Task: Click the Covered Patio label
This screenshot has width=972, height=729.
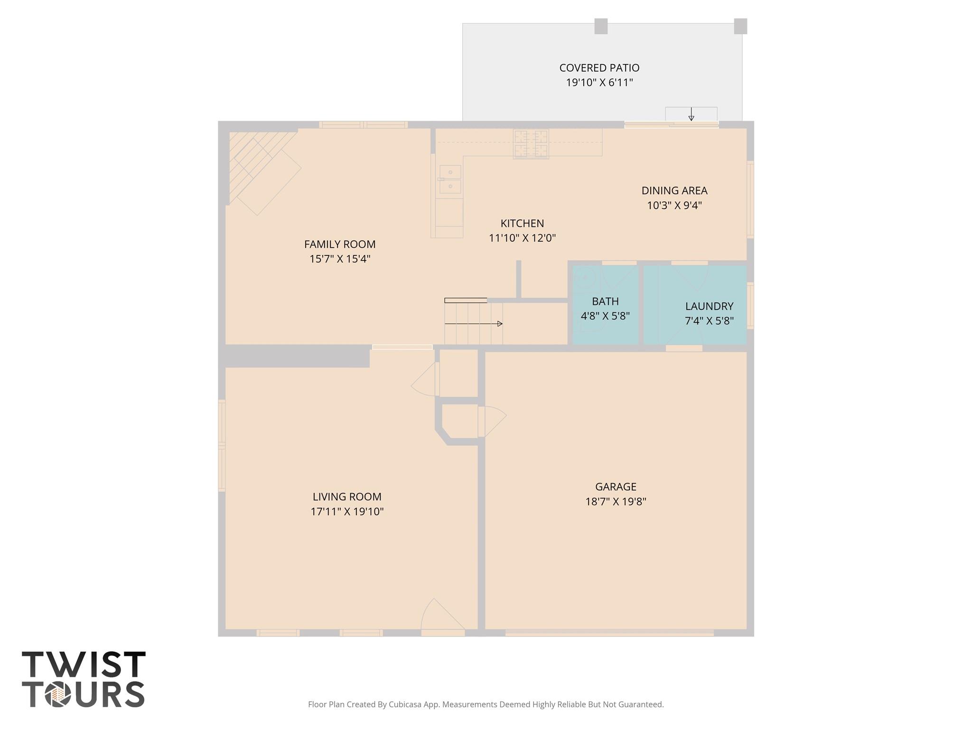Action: [599, 68]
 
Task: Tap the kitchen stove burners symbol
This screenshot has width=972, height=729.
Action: [531, 144]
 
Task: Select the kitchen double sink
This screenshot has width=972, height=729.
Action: [449, 179]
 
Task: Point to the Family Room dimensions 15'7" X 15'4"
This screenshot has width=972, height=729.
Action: [340, 259]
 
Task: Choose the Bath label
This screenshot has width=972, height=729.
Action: [605, 301]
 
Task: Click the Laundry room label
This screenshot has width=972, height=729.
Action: [709, 306]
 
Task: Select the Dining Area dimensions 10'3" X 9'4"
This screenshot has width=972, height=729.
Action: [674, 206]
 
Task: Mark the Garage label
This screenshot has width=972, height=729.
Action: [616, 486]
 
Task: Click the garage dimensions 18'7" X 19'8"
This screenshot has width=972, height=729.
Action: [616, 502]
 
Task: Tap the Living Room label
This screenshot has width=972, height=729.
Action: [347, 497]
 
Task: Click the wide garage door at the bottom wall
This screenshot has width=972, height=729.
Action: [609, 632]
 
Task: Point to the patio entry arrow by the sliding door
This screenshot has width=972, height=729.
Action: [691, 114]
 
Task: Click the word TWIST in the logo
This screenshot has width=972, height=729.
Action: [84, 664]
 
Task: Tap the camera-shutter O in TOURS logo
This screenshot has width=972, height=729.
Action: [58, 695]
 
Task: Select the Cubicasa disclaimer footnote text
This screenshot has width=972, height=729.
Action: [486, 704]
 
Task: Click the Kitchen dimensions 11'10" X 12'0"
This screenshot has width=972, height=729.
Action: [522, 238]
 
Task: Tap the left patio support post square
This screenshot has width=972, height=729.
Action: [601, 26]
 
